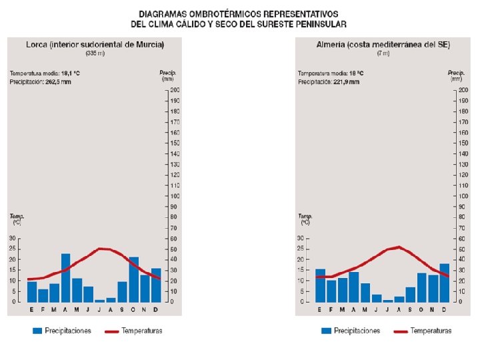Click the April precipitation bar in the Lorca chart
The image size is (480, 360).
[65, 278]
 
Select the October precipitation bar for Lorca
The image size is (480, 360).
[133, 279]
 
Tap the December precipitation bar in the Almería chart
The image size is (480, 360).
[445, 283]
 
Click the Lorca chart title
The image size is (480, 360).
[95, 45]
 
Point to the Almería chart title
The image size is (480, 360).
[383, 45]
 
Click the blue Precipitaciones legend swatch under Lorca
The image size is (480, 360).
[37, 331]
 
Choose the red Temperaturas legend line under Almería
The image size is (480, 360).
[401, 331]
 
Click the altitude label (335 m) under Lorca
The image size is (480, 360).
[95, 53]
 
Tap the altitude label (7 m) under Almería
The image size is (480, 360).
[383, 53]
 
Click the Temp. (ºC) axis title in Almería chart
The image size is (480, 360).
[305, 219]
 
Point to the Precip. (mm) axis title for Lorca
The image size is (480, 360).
[167, 75]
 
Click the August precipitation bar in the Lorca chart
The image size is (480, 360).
[111, 299]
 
